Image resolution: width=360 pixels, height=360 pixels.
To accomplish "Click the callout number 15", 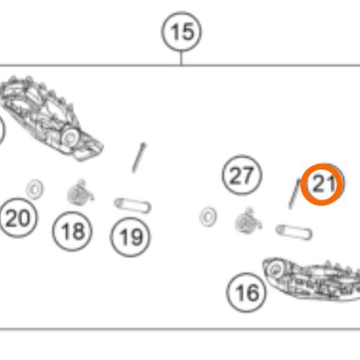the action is [181, 32].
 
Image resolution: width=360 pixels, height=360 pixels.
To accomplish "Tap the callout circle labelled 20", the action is [18, 218].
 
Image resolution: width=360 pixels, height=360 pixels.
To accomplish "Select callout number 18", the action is [72, 231].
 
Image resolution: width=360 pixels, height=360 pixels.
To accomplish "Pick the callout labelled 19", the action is [130, 237].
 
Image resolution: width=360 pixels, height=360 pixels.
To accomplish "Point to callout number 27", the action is [242, 175].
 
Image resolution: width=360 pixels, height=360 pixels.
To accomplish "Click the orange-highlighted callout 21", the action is [322, 184].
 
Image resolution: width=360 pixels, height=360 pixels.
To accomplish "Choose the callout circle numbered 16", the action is [246, 292].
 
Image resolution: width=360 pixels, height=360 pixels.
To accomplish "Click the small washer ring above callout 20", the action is [35, 189].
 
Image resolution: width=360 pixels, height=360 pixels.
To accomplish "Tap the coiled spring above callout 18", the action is [80, 193].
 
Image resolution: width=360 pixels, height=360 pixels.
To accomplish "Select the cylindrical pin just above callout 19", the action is [132, 206].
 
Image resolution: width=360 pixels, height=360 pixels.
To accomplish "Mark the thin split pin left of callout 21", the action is [294, 194].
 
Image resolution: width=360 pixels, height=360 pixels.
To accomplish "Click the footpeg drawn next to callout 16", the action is [312, 279].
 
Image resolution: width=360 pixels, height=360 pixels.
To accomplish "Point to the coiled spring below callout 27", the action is [248, 220].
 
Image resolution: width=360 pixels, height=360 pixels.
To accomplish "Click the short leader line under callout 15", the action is [181, 58].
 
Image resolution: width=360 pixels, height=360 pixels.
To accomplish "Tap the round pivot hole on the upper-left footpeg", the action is [70, 137].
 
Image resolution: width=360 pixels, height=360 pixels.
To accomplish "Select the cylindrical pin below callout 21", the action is [294, 233].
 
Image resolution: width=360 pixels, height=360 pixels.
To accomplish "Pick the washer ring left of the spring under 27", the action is [208, 217].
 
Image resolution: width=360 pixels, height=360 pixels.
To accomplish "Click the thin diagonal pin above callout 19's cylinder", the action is [139, 158].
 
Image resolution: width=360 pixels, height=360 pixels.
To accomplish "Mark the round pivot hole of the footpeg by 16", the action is [275, 269].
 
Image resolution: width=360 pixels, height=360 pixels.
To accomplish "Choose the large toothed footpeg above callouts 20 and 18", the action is [48, 117].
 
